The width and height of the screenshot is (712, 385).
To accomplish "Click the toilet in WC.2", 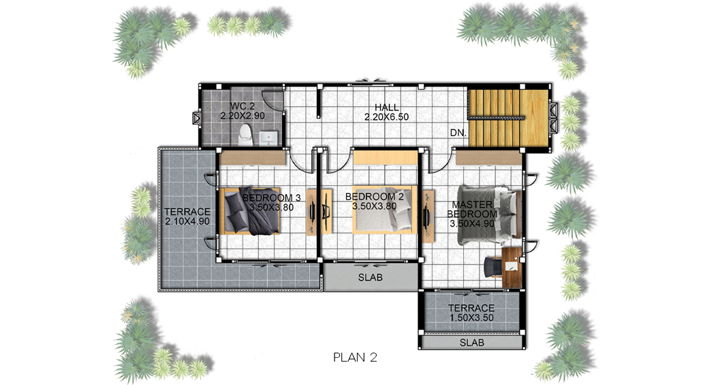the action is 245,135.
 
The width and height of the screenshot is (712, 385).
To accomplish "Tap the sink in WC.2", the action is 269,138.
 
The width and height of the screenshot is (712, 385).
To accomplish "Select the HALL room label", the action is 387,108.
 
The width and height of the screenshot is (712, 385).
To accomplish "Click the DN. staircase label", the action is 458,133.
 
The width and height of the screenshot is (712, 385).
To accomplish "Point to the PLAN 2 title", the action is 355,357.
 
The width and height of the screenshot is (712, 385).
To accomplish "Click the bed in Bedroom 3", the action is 250,211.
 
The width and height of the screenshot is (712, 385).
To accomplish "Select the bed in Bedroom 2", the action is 384,209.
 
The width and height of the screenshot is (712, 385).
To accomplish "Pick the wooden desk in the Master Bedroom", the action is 511,267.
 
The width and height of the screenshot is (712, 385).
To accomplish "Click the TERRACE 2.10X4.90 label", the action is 187,217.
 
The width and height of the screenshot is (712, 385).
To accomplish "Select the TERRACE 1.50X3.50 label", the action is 471,313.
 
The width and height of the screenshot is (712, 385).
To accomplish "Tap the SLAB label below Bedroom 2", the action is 370,277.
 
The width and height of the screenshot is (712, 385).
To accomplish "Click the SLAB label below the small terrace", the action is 471,343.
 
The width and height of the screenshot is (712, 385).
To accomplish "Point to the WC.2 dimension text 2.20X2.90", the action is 243,116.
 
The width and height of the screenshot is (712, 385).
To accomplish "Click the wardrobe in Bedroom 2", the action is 385,157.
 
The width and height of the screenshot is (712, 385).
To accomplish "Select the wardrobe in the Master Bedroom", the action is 488,158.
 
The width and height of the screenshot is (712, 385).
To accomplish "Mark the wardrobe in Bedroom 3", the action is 253,158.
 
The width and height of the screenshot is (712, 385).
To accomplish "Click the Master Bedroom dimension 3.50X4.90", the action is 472,224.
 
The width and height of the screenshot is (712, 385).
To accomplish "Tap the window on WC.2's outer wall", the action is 196,119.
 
